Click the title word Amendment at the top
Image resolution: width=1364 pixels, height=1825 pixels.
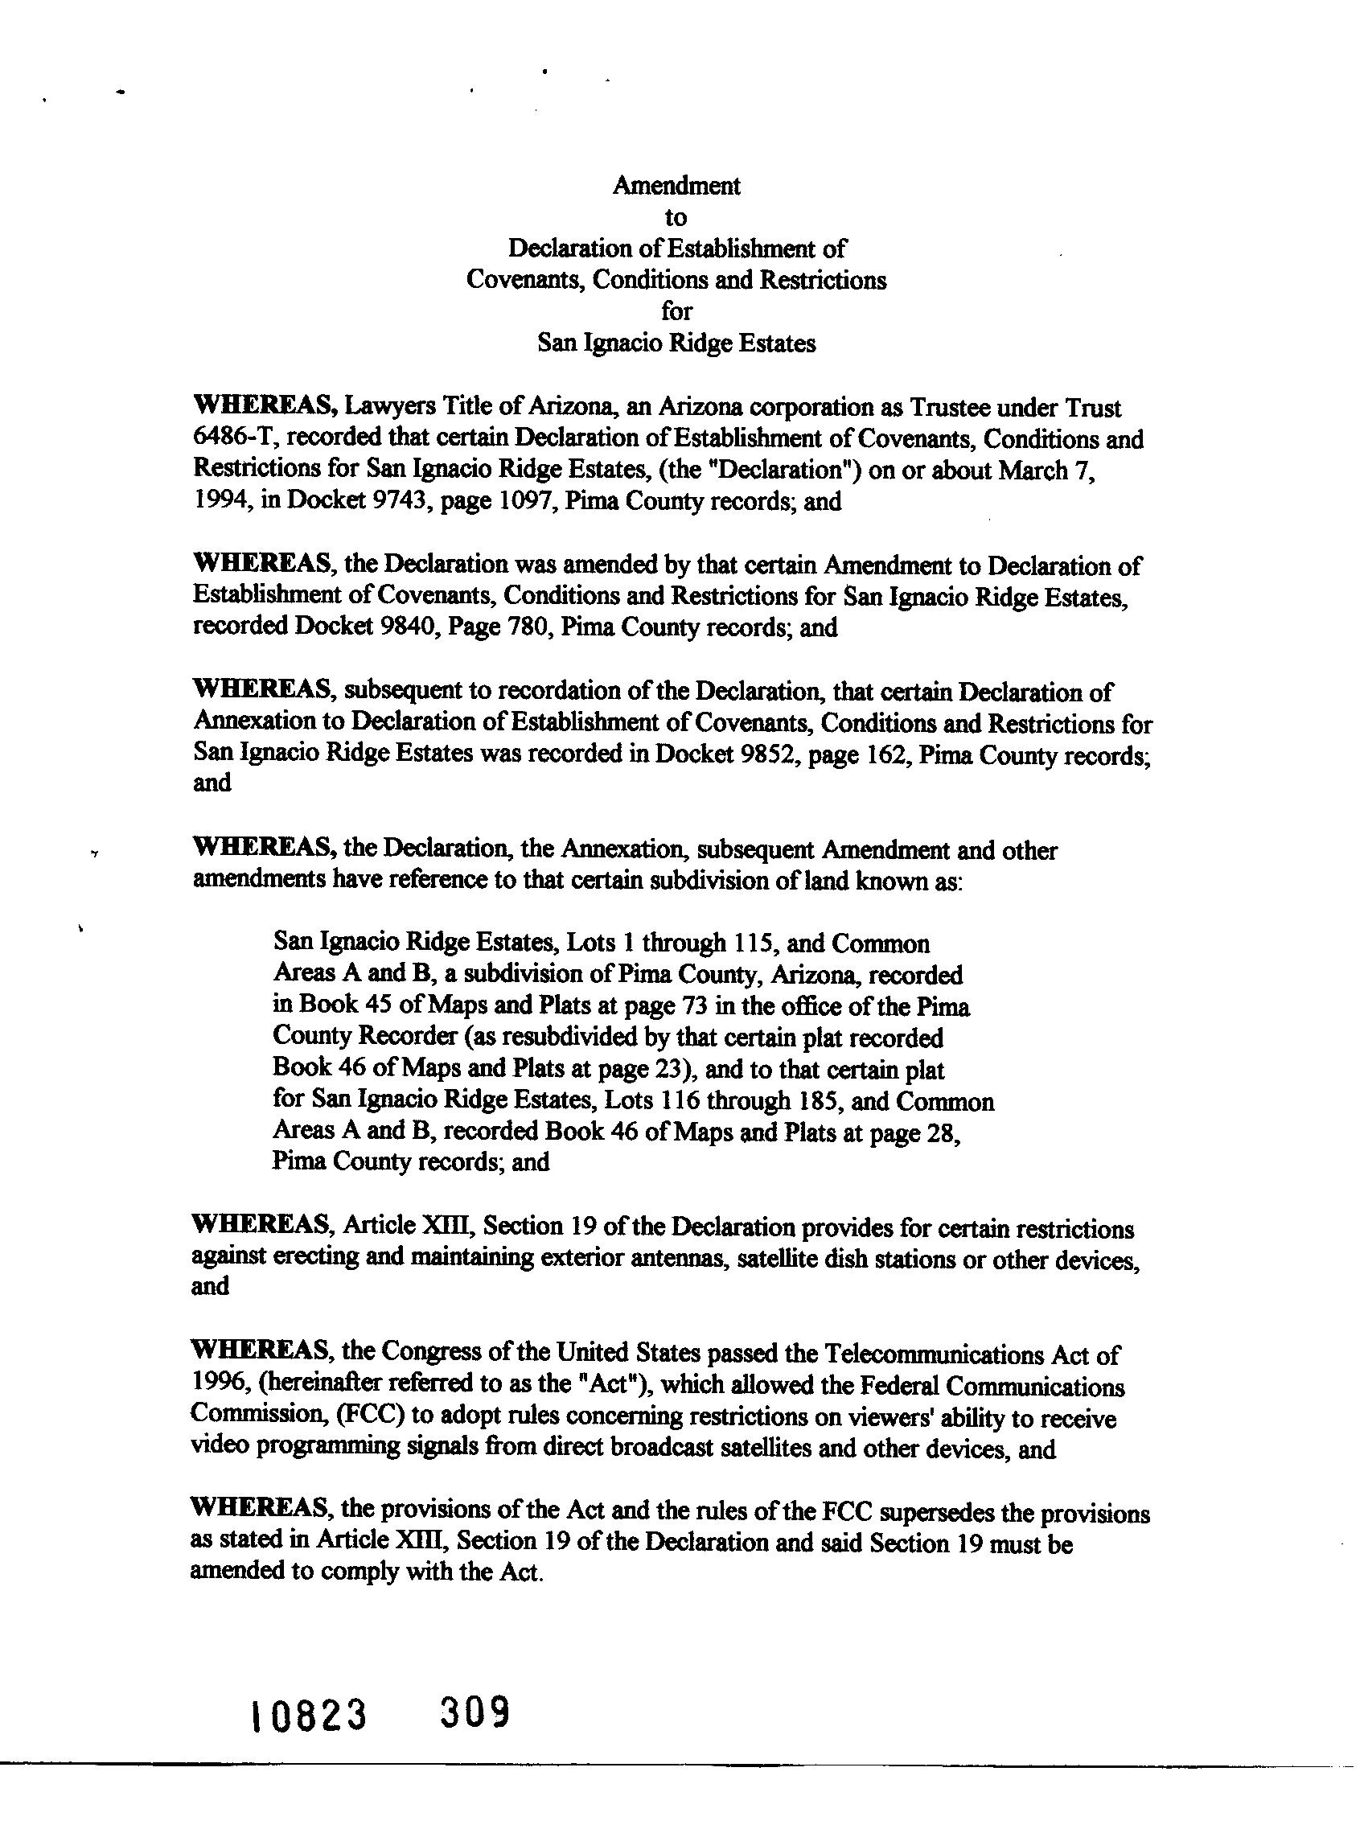click(676, 186)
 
